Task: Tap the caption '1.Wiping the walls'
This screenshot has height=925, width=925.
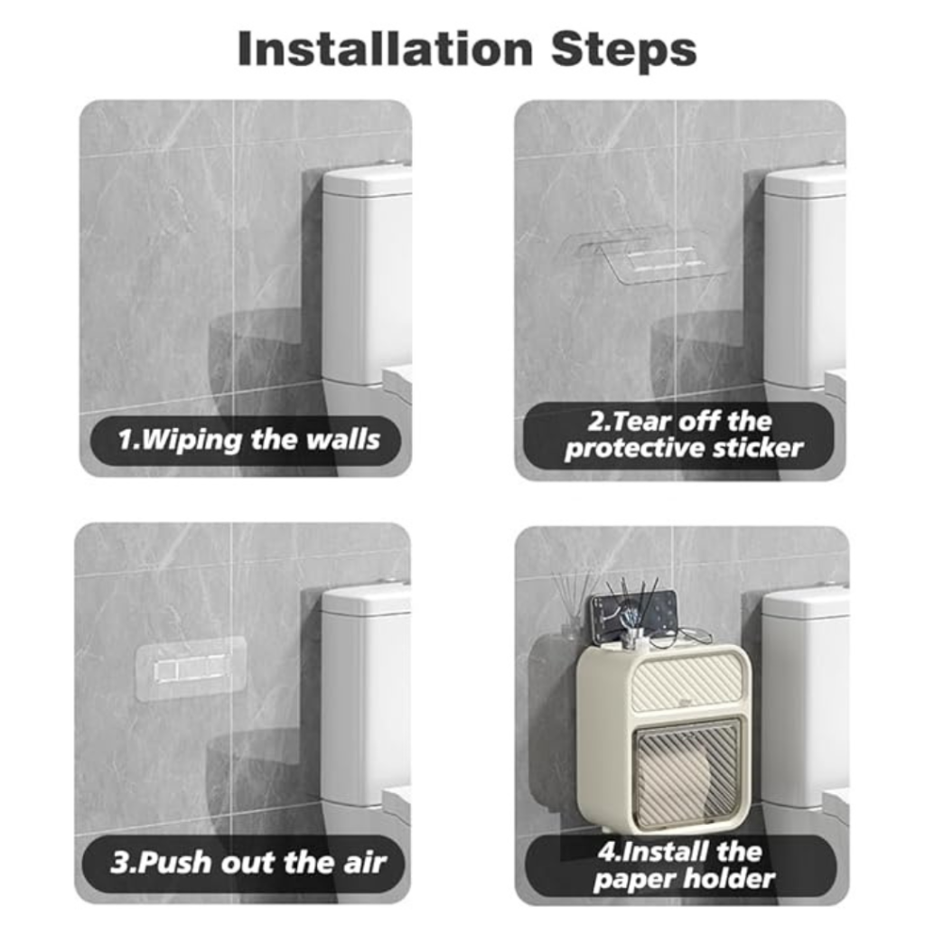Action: [x=248, y=440]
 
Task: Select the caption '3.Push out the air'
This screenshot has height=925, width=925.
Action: [x=248, y=863]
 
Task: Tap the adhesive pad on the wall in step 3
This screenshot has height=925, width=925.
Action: [x=191, y=669]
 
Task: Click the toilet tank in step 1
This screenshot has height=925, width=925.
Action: [x=367, y=277]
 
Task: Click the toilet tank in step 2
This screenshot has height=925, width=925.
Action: [x=806, y=277]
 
